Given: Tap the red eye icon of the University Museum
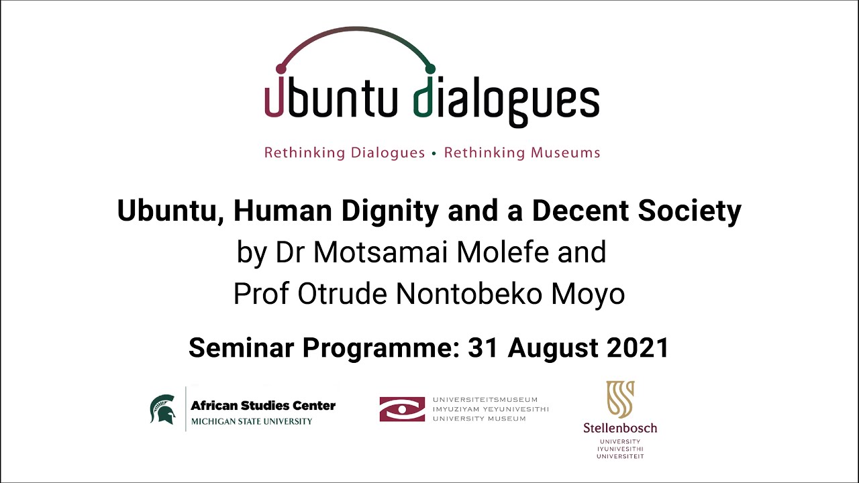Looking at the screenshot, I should [x=402, y=409].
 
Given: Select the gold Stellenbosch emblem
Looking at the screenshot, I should [x=620, y=400].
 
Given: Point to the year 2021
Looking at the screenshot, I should [x=638, y=347].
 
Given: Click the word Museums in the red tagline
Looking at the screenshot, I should [x=565, y=153].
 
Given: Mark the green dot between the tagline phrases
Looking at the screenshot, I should [x=434, y=154].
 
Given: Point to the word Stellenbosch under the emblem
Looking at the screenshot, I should [x=620, y=428].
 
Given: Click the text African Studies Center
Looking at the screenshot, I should [x=263, y=405].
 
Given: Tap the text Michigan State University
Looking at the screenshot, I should [x=252, y=421].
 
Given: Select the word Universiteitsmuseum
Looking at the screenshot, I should [x=485, y=400].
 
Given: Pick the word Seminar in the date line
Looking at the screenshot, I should [x=241, y=347].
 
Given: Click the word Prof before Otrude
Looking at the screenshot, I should [x=262, y=294].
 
